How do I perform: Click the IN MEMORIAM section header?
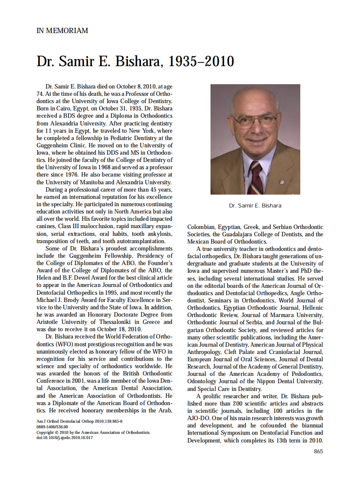click(x=62, y=31)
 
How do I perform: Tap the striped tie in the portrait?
click(x=256, y=176)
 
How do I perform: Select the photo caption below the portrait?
click(x=255, y=206)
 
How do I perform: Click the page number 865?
click(x=318, y=451)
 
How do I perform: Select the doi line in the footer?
click(x=64, y=438)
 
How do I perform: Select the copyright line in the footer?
click(x=93, y=432)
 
